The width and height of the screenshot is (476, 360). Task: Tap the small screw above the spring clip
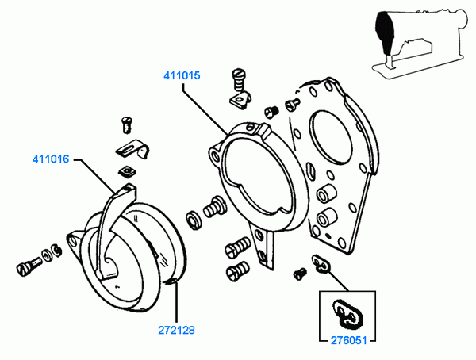[x=125, y=123]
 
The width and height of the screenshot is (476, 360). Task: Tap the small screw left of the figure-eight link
[x=300, y=273]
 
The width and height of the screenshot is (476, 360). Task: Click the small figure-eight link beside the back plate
[x=321, y=263]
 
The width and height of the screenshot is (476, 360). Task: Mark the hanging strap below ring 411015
[x=266, y=246]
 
